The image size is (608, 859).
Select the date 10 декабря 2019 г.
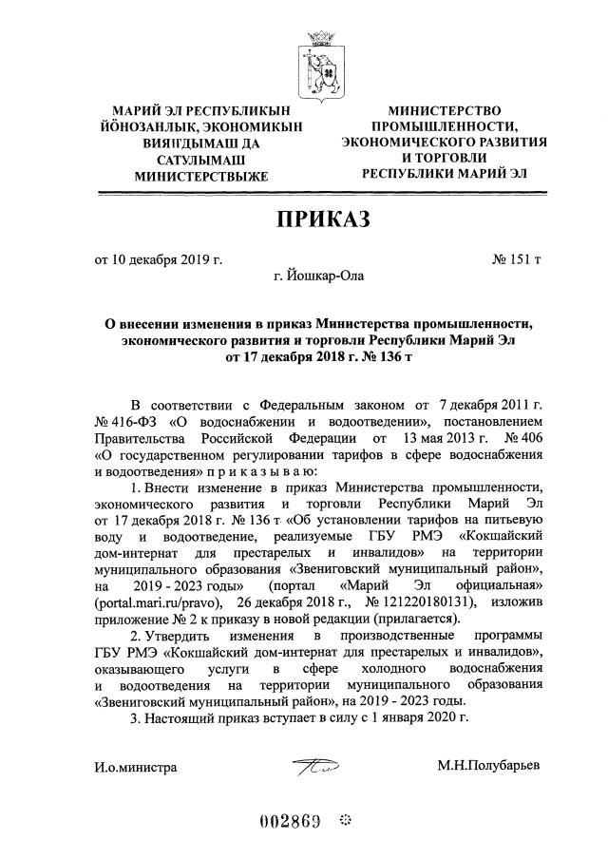166,258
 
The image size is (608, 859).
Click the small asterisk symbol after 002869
344,819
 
